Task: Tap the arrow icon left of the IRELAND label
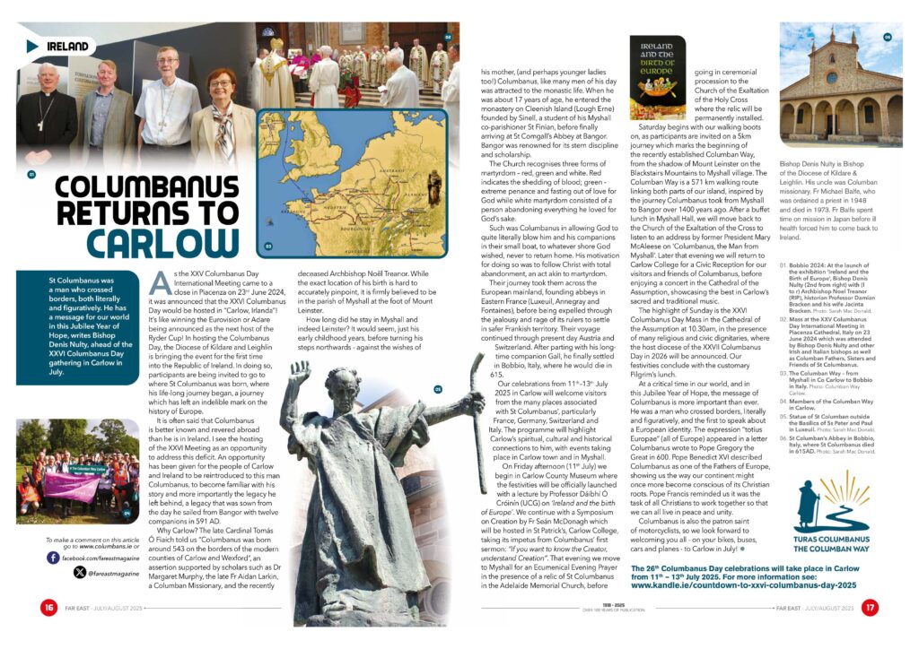tap(32, 46)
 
